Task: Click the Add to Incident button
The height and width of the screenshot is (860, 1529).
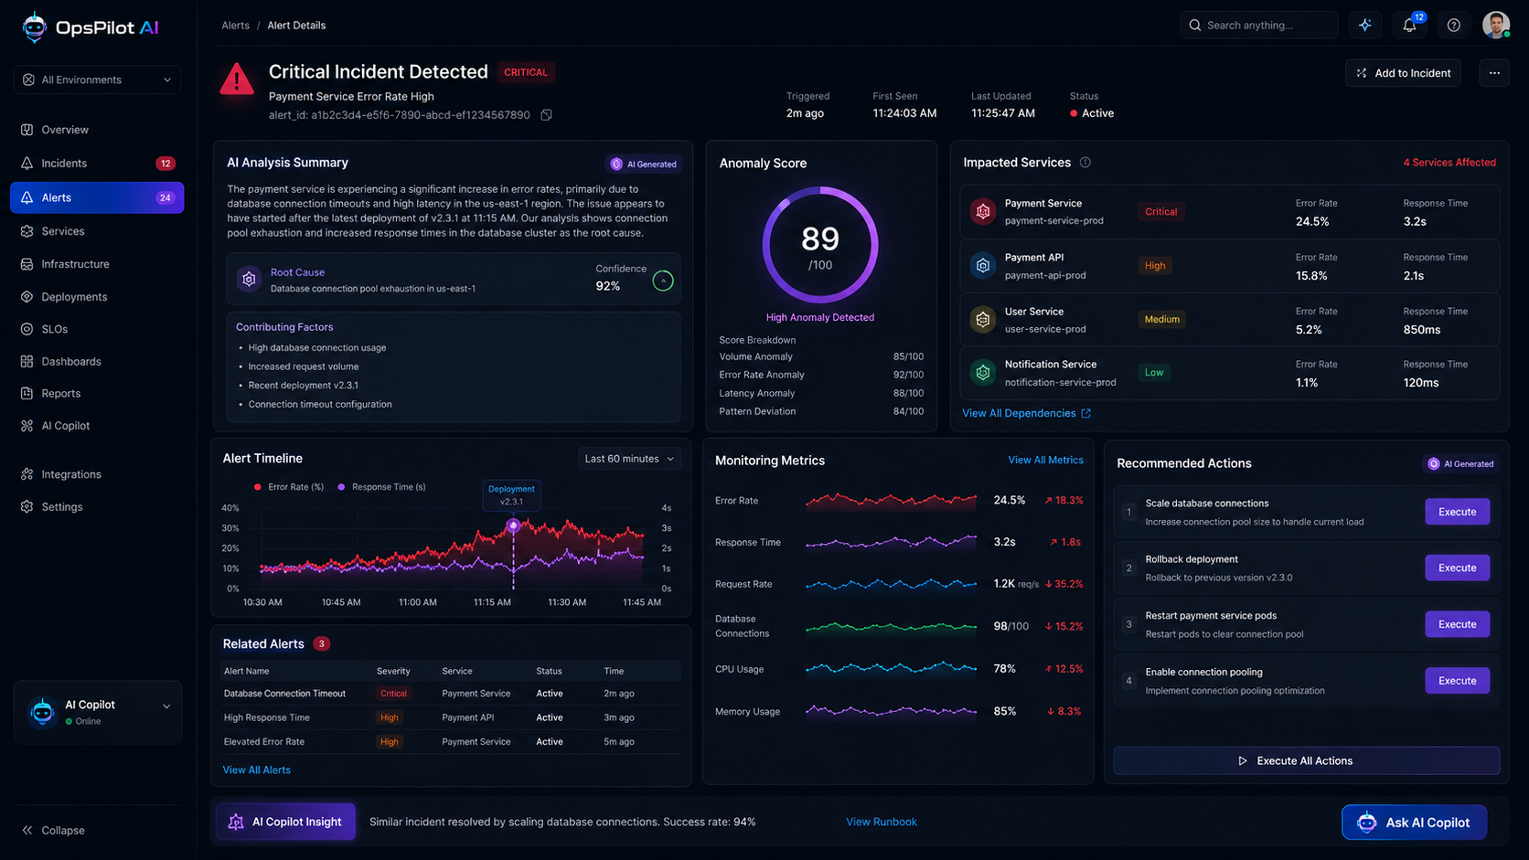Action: (1403, 73)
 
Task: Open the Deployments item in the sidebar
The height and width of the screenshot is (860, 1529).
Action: (74, 297)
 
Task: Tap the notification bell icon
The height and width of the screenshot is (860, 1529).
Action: (1409, 26)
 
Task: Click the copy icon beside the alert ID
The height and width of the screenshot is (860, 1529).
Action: (546, 114)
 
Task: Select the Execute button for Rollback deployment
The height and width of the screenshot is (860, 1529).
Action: (1457, 568)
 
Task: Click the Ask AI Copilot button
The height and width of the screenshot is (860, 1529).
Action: (1414, 822)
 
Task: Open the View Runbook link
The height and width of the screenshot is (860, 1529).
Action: (882, 822)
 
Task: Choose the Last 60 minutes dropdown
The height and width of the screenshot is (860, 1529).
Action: (629, 459)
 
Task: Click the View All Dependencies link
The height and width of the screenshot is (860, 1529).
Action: (1026, 413)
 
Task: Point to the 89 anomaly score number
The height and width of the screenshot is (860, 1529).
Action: (819, 239)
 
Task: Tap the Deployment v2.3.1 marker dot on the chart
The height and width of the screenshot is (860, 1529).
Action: (513, 526)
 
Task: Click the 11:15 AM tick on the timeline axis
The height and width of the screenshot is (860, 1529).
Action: (492, 602)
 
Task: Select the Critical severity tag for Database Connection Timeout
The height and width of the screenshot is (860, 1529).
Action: (393, 694)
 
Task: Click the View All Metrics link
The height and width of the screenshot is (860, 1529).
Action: (1045, 461)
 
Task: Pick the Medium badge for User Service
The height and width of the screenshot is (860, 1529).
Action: (1161, 319)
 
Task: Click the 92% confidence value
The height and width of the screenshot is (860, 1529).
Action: (607, 286)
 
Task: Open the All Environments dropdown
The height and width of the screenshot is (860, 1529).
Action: (97, 80)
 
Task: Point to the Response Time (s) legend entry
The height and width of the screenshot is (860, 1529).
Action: (381, 487)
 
